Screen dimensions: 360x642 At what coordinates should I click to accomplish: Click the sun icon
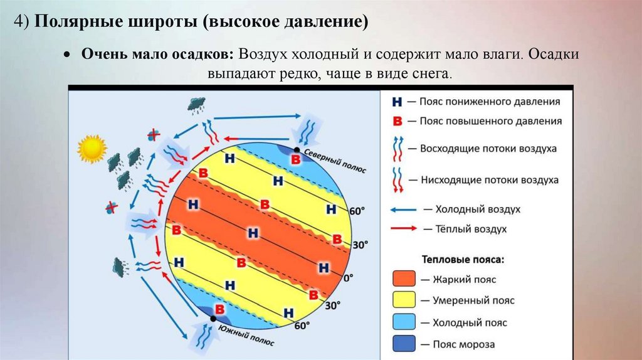click(x=92, y=149)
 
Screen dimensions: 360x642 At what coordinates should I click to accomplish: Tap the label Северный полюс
click(x=335, y=161)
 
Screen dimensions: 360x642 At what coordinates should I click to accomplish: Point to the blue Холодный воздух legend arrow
click(x=405, y=209)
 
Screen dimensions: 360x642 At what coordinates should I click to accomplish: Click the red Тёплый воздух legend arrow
click(x=405, y=229)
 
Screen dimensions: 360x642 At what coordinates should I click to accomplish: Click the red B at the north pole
click(x=295, y=160)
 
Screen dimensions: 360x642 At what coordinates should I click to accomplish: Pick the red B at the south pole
click(x=220, y=309)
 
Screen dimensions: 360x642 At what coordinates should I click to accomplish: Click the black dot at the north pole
click(x=297, y=149)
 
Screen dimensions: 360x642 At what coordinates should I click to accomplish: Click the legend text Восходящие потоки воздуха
click(x=488, y=149)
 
